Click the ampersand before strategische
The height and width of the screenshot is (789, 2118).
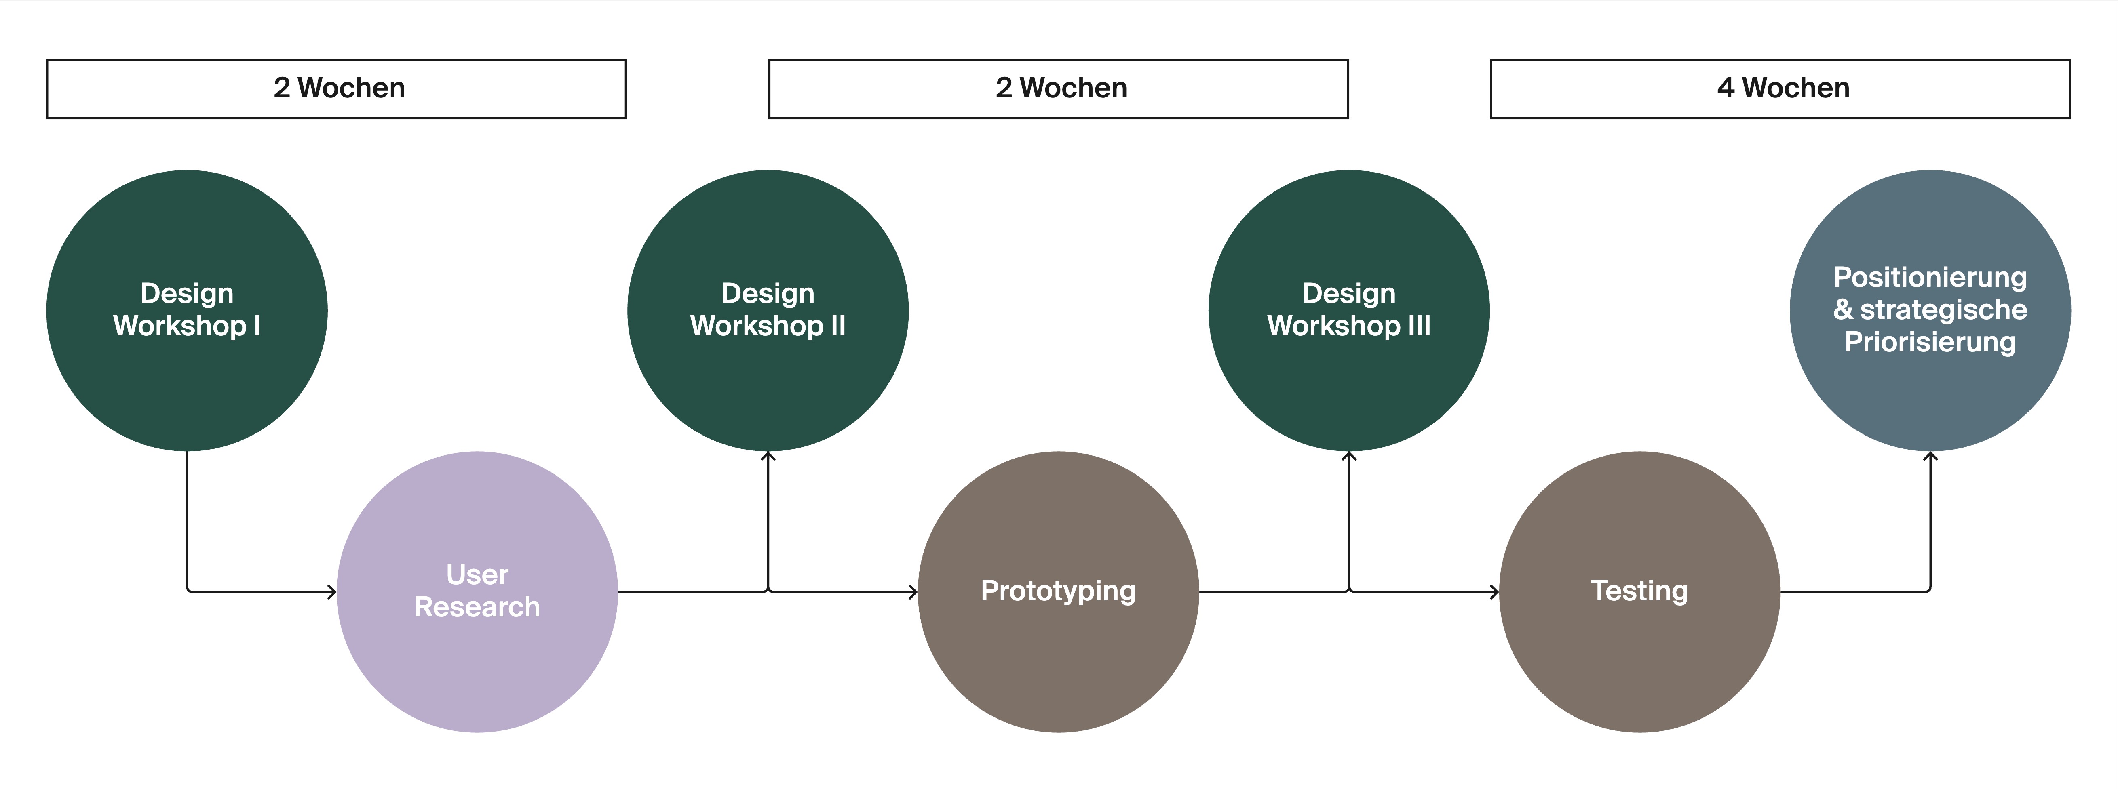(x=1844, y=310)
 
